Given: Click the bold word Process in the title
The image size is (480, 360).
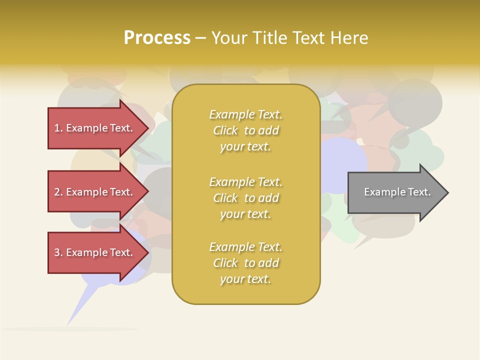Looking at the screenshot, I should (x=157, y=38).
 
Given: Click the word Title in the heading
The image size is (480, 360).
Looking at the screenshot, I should (x=270, y=38).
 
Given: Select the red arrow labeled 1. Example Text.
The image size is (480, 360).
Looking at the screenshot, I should (x=95, y=128).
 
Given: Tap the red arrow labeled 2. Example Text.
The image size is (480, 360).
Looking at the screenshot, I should (x=95, y=192).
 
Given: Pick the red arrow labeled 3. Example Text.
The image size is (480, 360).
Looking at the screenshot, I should (x=95, y=252).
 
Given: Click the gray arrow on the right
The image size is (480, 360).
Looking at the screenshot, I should (x=395, y=192).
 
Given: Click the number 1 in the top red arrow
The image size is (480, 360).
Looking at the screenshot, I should (x=57, y=128).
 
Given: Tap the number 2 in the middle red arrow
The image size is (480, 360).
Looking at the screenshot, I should (x=57, y=192).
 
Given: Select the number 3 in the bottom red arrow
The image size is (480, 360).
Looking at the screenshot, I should (x=57, y=252).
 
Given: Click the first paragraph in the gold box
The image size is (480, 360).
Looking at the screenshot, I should (x=245, y=130).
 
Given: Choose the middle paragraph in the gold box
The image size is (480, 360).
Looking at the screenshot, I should (x=245, y=198).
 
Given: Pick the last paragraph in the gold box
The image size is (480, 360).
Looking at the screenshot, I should (x=245, y=263).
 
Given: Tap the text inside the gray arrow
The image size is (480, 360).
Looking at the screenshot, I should (x=397, y=192).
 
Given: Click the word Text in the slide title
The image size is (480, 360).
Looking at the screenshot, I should (x=309, y=38).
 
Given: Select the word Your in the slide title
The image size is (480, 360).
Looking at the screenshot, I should (x=229, y=38).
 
